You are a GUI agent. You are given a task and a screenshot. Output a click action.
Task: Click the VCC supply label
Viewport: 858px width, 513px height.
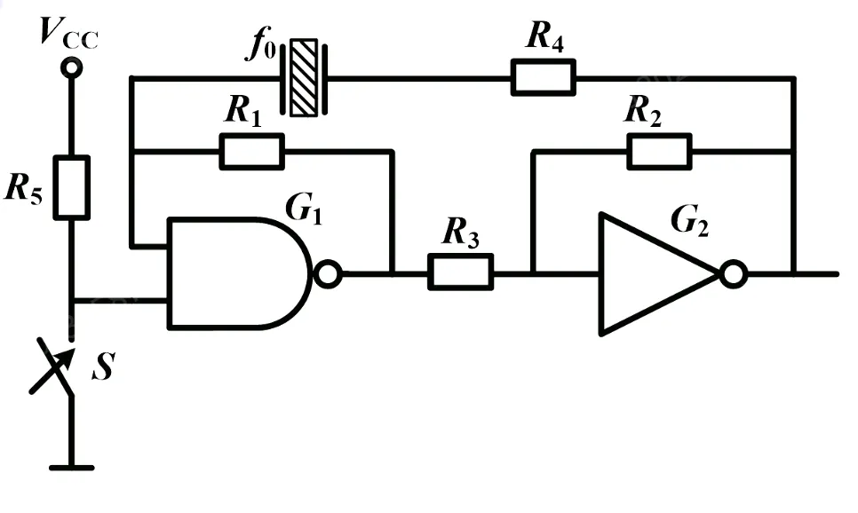point(68,33)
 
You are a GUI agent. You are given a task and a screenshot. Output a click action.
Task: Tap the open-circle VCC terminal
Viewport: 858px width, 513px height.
point(71,67)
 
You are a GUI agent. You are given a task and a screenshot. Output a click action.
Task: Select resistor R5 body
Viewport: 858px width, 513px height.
point(71,186)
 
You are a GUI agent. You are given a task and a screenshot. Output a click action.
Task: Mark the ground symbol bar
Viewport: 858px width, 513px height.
point(71,465)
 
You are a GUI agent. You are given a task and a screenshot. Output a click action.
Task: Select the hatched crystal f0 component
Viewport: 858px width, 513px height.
point(304,77)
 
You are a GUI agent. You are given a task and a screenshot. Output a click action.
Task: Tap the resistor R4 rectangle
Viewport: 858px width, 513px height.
point(543,77)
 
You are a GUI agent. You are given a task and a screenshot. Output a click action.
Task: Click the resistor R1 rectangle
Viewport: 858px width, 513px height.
point(251,151)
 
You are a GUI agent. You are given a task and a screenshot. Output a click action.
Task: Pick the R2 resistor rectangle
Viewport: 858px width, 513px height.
point(659,151)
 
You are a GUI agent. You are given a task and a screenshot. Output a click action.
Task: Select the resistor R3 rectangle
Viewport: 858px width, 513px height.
point(460,272)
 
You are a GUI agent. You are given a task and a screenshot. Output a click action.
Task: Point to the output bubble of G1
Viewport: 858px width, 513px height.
point(328,274)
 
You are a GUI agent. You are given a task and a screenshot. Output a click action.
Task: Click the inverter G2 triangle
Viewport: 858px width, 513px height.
point(653,273)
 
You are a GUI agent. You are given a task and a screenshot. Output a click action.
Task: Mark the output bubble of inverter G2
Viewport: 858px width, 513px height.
point(733,274)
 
